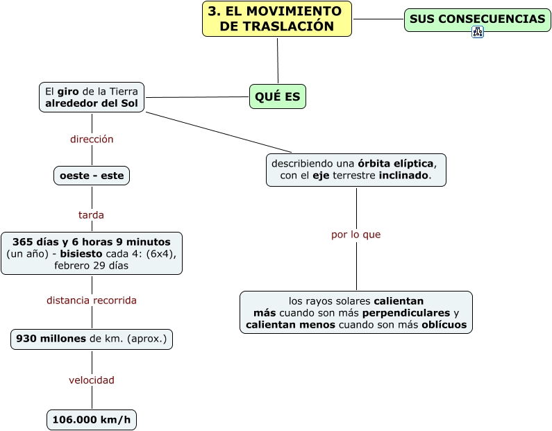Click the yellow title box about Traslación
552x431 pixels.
coord(277,19)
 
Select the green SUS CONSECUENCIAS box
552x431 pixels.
coord(477,19)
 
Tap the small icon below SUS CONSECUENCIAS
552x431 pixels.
coord(477,32)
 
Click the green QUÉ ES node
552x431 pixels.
coord(278,96)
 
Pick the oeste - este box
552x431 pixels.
coord(92,176)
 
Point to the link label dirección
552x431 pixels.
coord(92,139)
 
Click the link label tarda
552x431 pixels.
coord(91,215)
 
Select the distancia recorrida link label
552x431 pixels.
coord(92,301)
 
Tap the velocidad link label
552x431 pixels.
coord(92,380)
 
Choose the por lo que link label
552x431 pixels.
coord(356,235)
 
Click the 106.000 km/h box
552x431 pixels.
coord(91,419)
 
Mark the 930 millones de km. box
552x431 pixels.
coord(92,339)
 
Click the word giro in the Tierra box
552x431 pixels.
coord(67,91)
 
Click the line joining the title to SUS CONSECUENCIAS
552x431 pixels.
coord(378,19)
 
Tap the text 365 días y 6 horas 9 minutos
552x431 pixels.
coord(91,242)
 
